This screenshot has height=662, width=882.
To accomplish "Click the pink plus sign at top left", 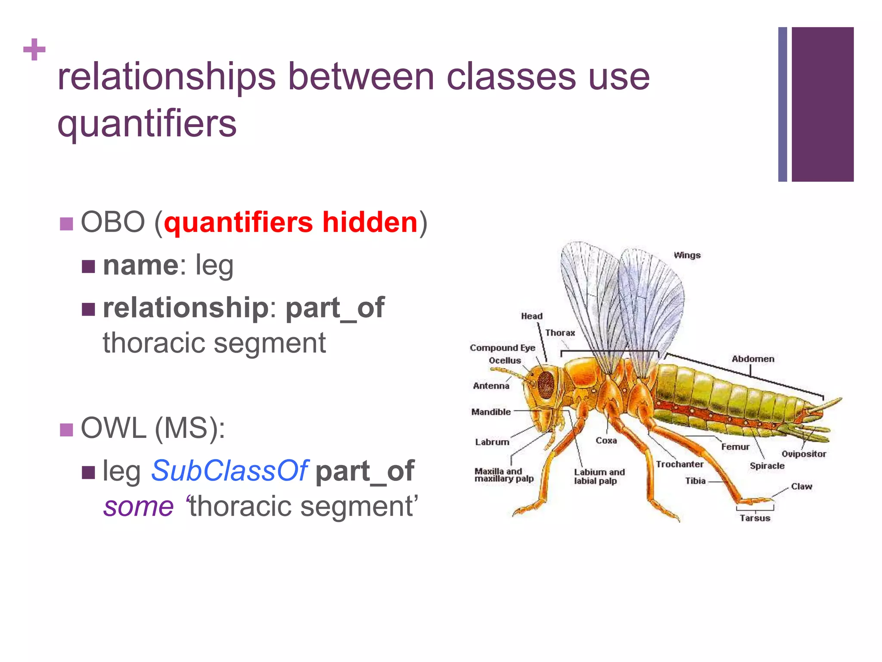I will (34, 50).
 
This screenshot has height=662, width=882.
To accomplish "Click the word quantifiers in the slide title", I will (147, 124).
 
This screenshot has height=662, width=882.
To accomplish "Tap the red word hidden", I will (370, 222).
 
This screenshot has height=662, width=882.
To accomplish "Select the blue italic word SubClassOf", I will (229, 471).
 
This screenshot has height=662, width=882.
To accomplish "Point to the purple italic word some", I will (139, 506).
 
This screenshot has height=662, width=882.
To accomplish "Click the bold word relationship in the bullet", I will (186, 308).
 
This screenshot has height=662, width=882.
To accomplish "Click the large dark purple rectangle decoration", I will (822, 104).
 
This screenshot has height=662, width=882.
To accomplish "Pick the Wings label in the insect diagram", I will (687, 255).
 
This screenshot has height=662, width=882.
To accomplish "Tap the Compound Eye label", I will (502, 348).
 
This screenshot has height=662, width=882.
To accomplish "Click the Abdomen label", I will (753, 359).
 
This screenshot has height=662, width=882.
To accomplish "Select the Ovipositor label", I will (804, 454).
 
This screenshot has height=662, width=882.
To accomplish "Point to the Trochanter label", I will (679, 464).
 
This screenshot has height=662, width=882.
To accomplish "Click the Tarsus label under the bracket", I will (755, 518).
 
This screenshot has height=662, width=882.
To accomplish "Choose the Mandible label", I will (491, 412).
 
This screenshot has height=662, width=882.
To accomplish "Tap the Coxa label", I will (606, 440).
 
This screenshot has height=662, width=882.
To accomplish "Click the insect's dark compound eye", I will (546, 384).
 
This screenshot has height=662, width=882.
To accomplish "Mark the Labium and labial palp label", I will (599, 476).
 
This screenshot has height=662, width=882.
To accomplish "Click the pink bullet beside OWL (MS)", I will (66, 430).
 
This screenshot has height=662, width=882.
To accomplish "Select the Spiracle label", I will (767, 466).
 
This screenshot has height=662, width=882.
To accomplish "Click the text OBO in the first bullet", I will (113, 222).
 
